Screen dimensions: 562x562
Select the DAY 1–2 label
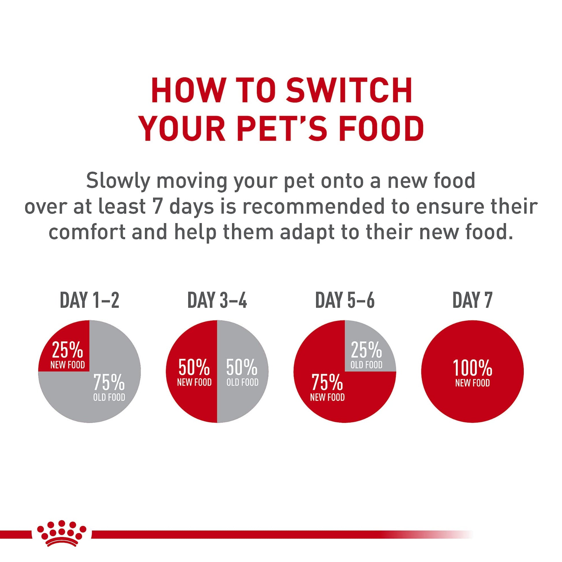[x=90, y=300]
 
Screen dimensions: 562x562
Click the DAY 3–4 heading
[x=217, y=300]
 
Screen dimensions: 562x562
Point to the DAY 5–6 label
[x=345, y=300]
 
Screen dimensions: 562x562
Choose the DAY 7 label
[x=472, y=300]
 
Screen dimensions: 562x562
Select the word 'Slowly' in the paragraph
[x=118, y=180]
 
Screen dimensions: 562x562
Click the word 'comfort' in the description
[x=87, y=232]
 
